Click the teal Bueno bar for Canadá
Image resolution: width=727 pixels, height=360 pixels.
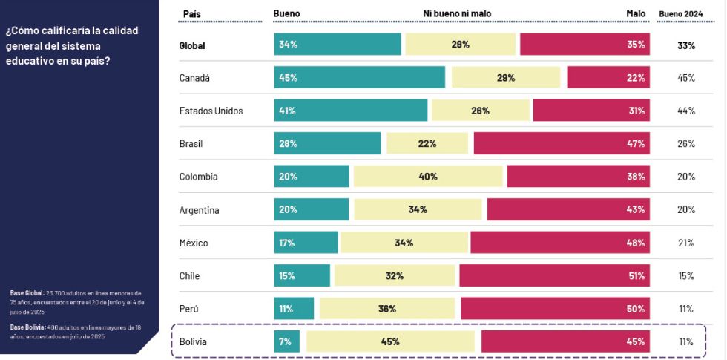click(x=359, y=78)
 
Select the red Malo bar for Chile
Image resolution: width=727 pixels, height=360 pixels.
click(x=554, y=275)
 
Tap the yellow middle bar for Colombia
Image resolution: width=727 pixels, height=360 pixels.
click(x=428, y=177)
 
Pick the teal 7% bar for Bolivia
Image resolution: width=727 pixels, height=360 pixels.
click(x=287, y=341)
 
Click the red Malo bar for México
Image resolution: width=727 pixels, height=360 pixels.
click(x=560, y=243)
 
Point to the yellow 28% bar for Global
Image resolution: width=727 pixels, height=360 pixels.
click(x=460, y=45)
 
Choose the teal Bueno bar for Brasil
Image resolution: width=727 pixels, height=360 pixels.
click(x=327, y=143)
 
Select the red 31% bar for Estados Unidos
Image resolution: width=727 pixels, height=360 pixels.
click(x=591, y=111)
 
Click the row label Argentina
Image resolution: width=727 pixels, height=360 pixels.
click(x=199, y=210)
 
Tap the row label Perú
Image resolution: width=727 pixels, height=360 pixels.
click(x=189, y=309)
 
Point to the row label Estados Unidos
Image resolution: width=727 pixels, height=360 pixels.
click(x=211, y=111)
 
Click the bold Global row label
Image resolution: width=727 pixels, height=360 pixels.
click(x=192, y=45)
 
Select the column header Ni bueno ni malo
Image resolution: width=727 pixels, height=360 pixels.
click(x=457, y=13)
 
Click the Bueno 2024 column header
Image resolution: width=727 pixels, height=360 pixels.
click(x=680, y=13)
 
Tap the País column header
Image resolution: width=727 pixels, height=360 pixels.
click(x=192, y=13)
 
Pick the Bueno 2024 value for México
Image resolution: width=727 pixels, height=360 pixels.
click(x=685, y=243)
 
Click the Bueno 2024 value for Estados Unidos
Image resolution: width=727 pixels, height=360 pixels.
click(x=685, y=111)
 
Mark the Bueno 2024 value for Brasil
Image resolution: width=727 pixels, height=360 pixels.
click(x=685, y=143)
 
